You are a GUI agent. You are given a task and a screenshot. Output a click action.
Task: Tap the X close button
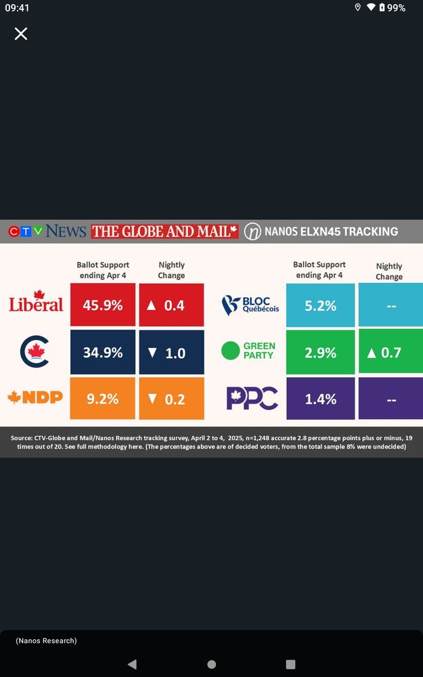pyautogui.click(x=21, y=34)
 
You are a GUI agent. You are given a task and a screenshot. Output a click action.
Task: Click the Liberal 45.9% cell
pyautogui.click(x=103, y=305)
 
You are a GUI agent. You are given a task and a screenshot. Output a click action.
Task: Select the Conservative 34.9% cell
pyautogui.click(x=103, y=352)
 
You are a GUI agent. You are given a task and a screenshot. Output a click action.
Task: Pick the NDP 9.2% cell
pyautogui.click(x=103, y=399)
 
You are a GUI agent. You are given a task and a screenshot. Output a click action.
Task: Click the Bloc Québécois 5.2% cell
pyautogui.click(x=320, y=305)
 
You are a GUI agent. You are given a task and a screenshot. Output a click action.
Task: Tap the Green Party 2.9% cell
pyautogui.click(x=320, y=352)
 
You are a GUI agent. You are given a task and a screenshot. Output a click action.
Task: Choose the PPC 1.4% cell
pyautogui.click(x=320, y=399)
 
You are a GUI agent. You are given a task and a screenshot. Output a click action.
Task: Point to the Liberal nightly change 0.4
pyautogui.click(x=171, y=305)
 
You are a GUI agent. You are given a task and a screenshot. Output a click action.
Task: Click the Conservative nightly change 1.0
pyautogui.click(x=171, y=352)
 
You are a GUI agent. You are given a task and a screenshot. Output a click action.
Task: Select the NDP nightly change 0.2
pyautogui.click(x=171, y=399)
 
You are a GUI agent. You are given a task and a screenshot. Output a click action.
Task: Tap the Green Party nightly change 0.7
pyautogui.click(x=390, y=352)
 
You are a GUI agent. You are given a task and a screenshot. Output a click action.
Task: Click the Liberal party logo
pyautogui.click(x=36, y=302)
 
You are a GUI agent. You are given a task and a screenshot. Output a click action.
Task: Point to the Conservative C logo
pyautogui.click(x=35, y=352)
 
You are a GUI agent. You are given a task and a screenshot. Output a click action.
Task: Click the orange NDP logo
pyautogui.click(x=35, y=397)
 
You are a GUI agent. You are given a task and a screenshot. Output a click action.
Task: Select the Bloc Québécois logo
pyautogui.click(x=250, y=305)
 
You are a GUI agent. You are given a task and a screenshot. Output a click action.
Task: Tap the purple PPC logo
pyautogui.click(x=252, y=398)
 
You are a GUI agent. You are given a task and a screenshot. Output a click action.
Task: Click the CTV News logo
pyautogui.click(x=47, y=232)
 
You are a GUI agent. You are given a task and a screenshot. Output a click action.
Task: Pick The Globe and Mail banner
pyautogui.click(x=165, y=232)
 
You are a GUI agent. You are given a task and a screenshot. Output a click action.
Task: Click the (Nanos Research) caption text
pyautogui.click(x=47, y=640)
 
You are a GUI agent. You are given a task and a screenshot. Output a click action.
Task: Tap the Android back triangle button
pyautogui.click(x=132, y=664)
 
